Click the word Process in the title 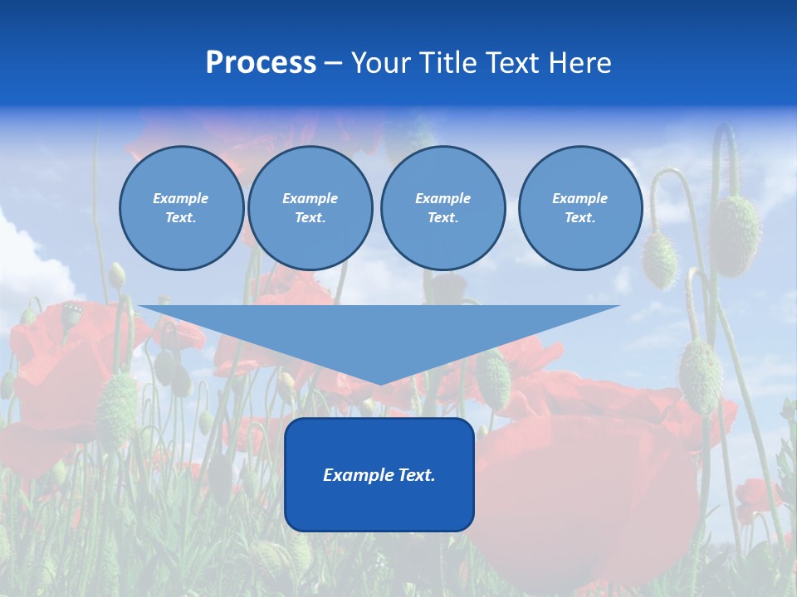coord(261,63)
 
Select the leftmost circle coord(181,208)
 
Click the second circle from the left coord(310,208)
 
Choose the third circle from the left coord(443,208)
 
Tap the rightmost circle coord(580,208)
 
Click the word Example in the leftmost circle coord(181,198)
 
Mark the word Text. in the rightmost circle coord(580,218)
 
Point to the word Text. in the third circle coord(443,218)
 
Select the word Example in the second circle coord(310,198)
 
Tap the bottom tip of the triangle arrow coord(379,381)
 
